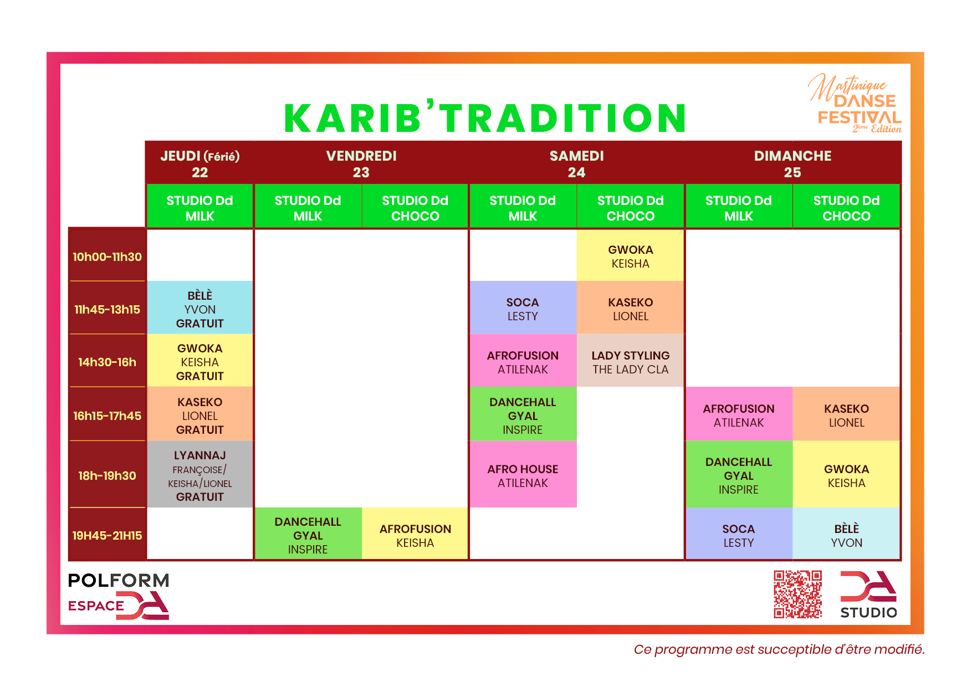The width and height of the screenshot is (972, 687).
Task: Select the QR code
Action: [797, 594]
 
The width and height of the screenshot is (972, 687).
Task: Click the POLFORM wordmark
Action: [119, 581]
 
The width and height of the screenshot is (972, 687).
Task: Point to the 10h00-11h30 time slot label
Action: [107, 257]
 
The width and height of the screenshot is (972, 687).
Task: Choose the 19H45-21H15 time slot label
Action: [107, 535]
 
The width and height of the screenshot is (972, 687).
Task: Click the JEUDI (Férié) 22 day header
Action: [200, 163]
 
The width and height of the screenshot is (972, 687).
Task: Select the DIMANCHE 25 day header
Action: [792, 163]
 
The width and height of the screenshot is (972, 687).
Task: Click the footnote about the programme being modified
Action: [779, 649]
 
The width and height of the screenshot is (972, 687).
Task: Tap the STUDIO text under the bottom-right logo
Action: [868, 612]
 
